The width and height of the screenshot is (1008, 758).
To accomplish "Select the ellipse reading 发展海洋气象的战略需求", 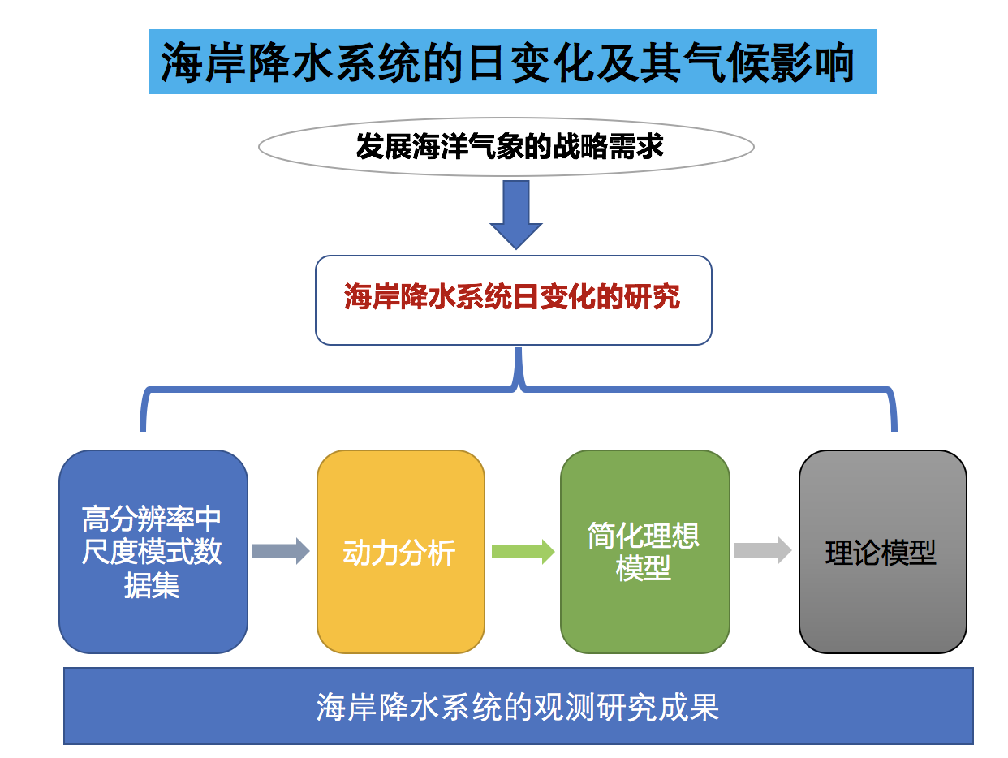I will [506, 147].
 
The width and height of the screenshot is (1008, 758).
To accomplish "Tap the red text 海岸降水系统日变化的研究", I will [512, 296].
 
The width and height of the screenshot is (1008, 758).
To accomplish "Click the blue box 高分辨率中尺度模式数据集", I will [153, 552].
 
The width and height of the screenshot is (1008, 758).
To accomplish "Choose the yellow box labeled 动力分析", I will [400, 552].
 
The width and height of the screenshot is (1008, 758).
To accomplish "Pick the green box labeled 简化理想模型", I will [644, 552].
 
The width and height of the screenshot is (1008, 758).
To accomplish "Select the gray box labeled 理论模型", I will [882, 552].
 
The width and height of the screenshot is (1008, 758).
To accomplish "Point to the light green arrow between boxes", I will [523, 552].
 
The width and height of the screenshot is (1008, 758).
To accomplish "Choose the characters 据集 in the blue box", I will [152, 585].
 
